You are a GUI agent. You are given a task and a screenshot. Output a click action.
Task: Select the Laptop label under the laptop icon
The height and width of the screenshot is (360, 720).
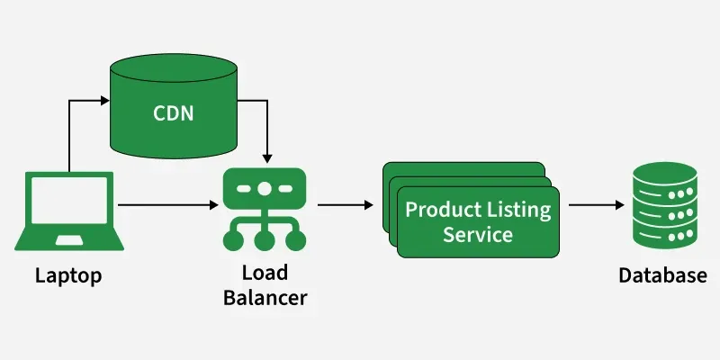68,275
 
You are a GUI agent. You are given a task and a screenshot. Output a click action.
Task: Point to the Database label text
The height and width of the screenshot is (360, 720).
662,275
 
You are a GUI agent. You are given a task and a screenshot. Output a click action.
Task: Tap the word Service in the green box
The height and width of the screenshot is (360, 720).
477,235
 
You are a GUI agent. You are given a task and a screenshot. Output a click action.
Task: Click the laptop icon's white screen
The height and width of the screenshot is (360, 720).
68,204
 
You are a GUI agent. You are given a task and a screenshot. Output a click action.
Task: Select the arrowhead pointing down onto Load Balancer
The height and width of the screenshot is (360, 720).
267,158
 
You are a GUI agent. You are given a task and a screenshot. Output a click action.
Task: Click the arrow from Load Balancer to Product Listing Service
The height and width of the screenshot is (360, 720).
346,205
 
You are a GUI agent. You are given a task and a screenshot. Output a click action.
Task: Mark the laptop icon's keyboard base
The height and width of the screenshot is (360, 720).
68,240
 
